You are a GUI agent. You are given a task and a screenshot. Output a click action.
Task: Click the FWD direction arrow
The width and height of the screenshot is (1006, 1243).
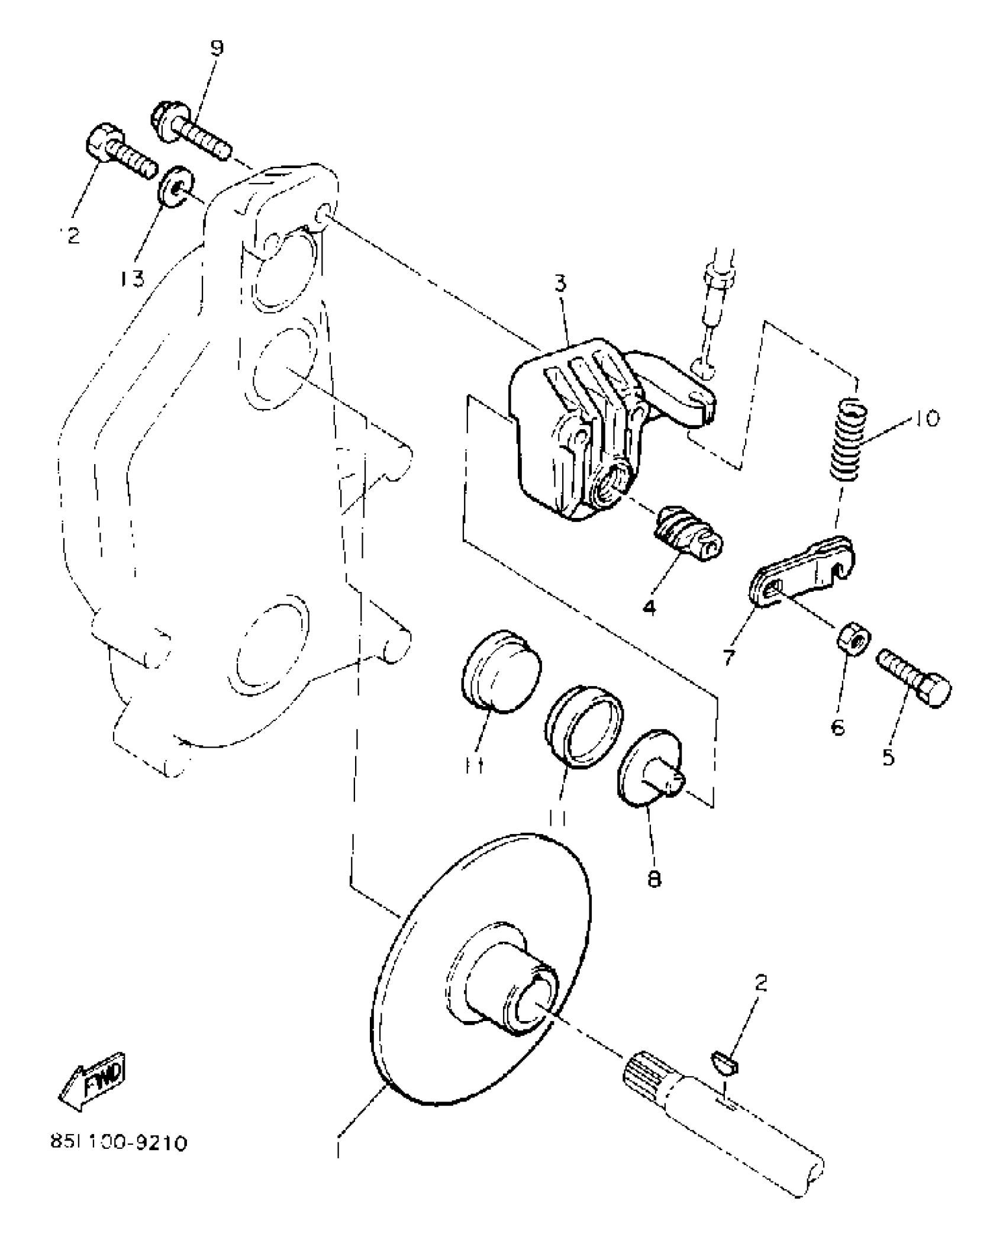[93, 1081]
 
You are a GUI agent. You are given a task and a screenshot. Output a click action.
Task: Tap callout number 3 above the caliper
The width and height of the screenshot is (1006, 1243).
[560, 284]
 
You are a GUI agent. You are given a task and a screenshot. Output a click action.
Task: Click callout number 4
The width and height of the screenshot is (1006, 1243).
[650, 607]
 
